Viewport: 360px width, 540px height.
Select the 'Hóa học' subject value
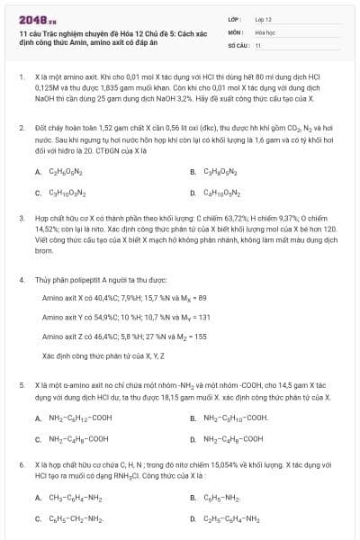click(265, 31)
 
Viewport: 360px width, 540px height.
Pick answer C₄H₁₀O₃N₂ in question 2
click(221, 193)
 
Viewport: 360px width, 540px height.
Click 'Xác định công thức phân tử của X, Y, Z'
click(99, 356)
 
